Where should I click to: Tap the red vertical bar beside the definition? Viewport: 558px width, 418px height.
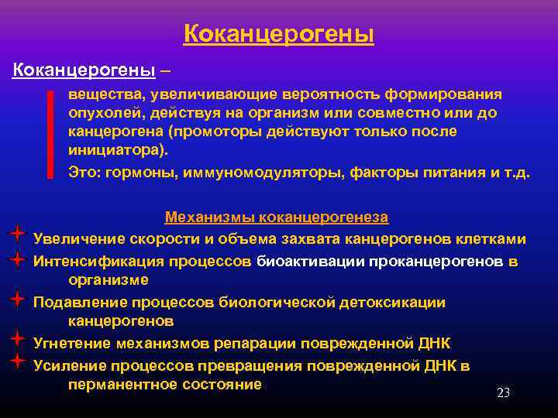click(50, 134)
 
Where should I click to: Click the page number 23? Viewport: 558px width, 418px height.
click(503, 393)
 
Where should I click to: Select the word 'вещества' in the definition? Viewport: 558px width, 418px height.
click(98, 94)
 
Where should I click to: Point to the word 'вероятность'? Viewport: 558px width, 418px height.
click(313, 94)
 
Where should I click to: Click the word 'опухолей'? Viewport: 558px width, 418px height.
click(98, 113)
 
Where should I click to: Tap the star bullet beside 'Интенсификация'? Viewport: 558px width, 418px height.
click(17, 260)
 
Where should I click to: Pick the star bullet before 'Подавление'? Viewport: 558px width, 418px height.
click(17, 298)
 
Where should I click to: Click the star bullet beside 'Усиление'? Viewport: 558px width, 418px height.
click(17, 361)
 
